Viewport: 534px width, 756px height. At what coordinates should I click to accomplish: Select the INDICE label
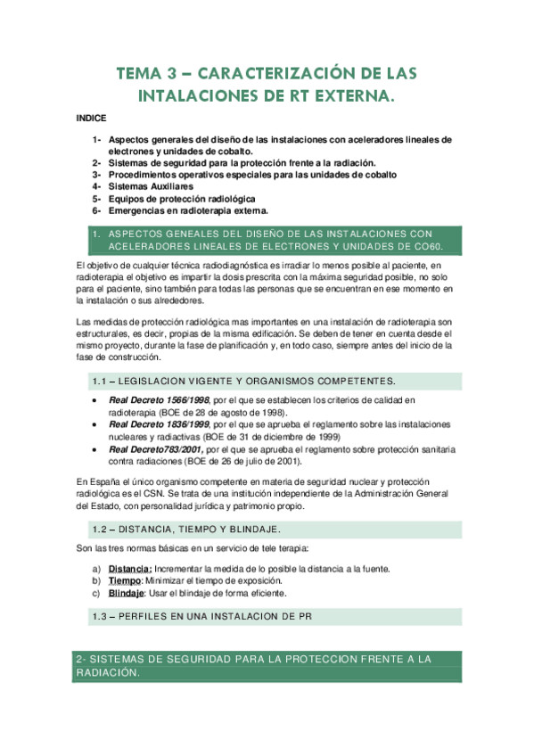pos(91,118)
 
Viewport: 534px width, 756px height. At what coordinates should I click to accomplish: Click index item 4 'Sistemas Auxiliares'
pos(151,186)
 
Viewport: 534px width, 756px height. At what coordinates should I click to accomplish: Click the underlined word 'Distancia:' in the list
pos(130,569)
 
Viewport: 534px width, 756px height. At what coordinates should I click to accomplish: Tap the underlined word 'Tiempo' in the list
pos(126,580)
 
